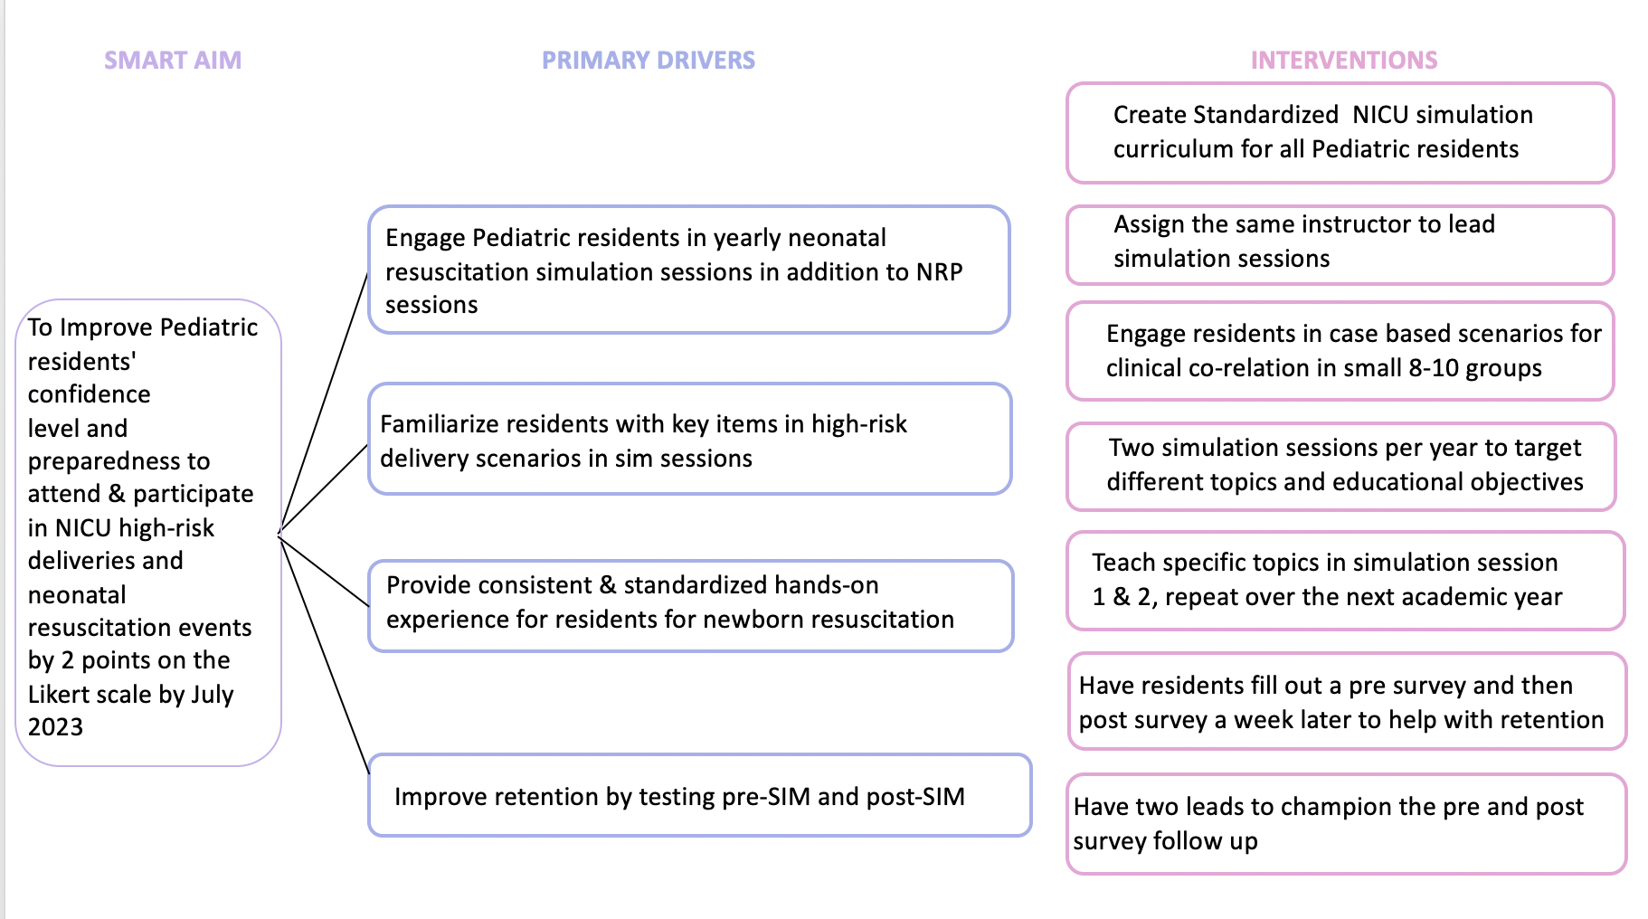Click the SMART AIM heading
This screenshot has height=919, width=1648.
click(173, 61)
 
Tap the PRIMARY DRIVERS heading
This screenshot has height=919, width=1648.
click(649, 61)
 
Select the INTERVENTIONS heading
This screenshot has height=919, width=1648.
click(1344, 61)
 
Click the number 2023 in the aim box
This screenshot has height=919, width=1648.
click(55, 727)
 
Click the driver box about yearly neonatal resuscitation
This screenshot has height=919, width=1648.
click(689, 270)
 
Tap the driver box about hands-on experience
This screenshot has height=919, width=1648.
click(691, 605)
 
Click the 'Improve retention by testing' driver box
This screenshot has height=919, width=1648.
click(700, 795)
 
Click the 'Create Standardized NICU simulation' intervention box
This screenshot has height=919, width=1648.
click(1340, 133)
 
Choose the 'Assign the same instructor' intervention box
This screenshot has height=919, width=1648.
click(1340, 245)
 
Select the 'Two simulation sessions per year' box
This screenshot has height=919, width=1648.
click(1341, 467)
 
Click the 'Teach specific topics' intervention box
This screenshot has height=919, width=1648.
click(1346, 581)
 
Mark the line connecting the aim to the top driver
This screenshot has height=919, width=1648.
click(324, 402)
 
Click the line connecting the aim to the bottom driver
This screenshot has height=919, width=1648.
click(324, 655)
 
